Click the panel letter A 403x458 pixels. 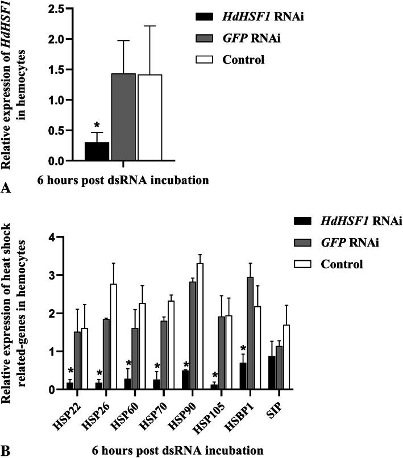[x=7, y=190]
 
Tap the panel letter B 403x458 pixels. [x=7, y=451]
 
